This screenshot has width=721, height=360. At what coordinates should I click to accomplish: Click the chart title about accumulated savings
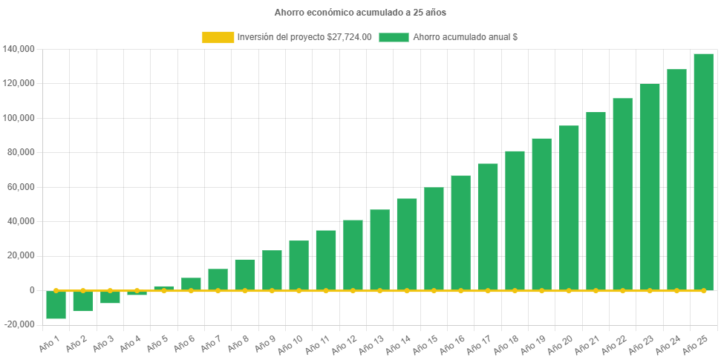pyautogui.click(x=360, y=13)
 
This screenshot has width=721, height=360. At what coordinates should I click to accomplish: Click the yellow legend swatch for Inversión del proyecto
pyautogui.click(x=217, y=37)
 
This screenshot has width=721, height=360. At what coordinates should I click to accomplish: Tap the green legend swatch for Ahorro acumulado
pyautogui.click(x=394, y=37)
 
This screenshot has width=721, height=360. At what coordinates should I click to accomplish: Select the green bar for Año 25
pyautogui.click(x=703, y=171)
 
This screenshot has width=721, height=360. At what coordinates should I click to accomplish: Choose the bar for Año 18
pyautogui.click(x=515, y=220)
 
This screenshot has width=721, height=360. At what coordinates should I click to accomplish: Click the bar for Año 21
pyautogui.click(x=596, y=200)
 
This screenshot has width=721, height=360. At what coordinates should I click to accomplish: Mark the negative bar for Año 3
pyautogui.click(x=110, y=297)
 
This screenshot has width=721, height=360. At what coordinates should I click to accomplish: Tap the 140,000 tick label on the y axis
pyautogui.click(x=20, y=49)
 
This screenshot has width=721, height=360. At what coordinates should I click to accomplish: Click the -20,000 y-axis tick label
pyautogui.click(x=20, y=324)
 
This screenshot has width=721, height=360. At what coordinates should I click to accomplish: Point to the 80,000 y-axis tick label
pyautogui.click(x=22, y=152)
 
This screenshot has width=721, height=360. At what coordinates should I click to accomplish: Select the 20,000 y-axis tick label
pyautogui.click(x=22, y=255)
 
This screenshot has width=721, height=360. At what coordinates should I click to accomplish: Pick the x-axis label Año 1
pyautogui.click(x=48, y=343)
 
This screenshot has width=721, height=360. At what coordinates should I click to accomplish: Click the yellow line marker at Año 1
pyautogui.click(x=56, y=290)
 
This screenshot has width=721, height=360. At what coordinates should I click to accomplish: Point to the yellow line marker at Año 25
pyautogui.click(x=703, y=290)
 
